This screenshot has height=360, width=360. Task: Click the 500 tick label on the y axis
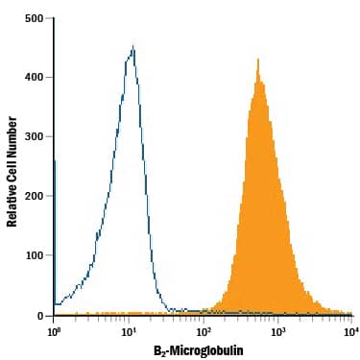tap(34, 18)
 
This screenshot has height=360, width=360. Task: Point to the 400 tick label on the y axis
tap(34, 78)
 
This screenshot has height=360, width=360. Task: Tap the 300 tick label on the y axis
tap(34, 137)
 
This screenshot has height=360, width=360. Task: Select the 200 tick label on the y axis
tap(34, 197)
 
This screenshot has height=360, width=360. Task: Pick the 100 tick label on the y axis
tap(34, 256)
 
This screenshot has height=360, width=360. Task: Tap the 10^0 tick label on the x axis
tap(54, 331)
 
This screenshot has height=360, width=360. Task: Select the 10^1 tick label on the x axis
tap(129, 331)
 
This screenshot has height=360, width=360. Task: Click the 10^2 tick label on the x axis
tap(204, 331)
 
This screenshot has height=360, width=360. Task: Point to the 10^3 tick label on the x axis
tap(278, 331)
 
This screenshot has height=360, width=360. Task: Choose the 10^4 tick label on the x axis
tap(351, 331)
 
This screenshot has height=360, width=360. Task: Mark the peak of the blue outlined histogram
tap(132, 46)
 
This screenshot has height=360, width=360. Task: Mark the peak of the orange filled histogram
tap(257, 60)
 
